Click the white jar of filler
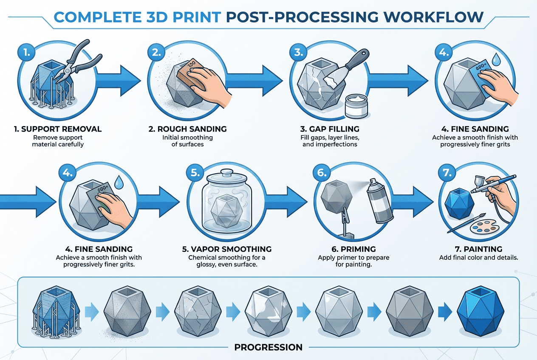(357, 106)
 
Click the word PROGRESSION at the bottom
(268, 347)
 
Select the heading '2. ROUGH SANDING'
(187, 129)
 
